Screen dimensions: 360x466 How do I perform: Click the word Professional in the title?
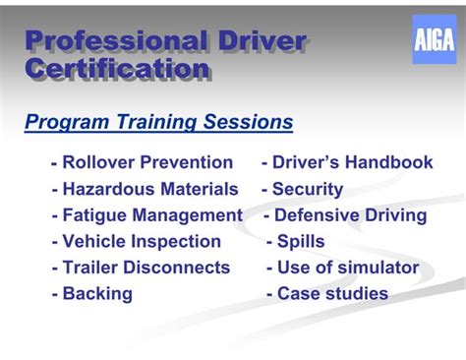109,41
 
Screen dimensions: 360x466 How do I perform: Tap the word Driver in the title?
258,41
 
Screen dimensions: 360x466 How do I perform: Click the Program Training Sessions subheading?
158,123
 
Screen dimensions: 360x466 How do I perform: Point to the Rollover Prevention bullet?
142,162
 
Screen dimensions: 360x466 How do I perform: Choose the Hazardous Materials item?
145,189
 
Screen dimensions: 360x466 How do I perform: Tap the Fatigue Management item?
146,215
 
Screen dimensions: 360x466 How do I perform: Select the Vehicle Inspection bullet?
136,241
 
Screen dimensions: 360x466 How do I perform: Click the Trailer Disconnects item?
141,268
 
